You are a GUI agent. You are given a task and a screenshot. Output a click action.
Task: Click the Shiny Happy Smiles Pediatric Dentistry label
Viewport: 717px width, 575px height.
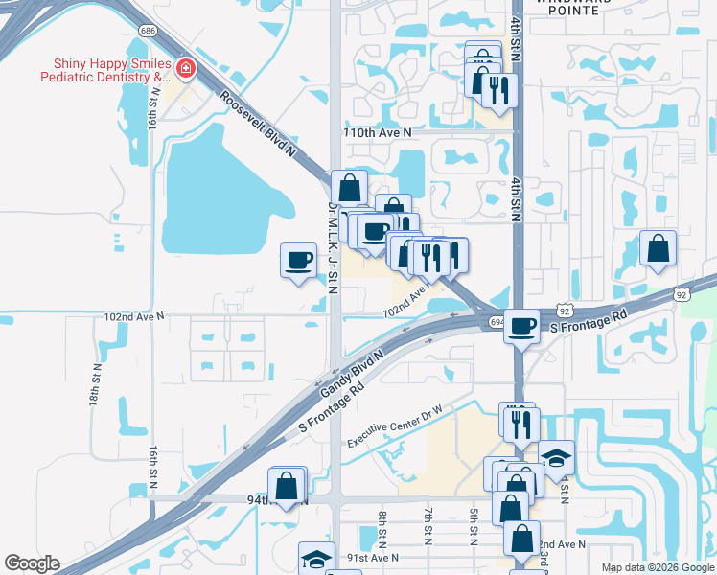(x=104, y=69)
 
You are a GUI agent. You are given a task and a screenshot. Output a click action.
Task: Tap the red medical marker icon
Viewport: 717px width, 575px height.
(x=184, y=69)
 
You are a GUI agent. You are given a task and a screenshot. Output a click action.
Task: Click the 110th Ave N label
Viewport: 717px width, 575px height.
(x=377, y=131)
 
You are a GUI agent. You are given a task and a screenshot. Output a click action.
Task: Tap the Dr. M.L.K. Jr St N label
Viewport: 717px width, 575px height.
(x=334, y=247)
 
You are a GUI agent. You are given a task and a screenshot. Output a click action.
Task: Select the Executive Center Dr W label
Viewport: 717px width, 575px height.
(x=395, y=423)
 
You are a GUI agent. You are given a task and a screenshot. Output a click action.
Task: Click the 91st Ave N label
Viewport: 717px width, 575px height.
(x=372, y=558)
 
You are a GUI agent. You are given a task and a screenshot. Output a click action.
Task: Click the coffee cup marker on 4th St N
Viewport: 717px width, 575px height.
(x=522, y=326)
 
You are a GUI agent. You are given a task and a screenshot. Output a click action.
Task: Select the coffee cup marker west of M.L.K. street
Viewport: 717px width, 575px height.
(x=298, y=259)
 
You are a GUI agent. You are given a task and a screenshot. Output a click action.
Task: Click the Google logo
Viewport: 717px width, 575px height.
(x=32, y=563)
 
